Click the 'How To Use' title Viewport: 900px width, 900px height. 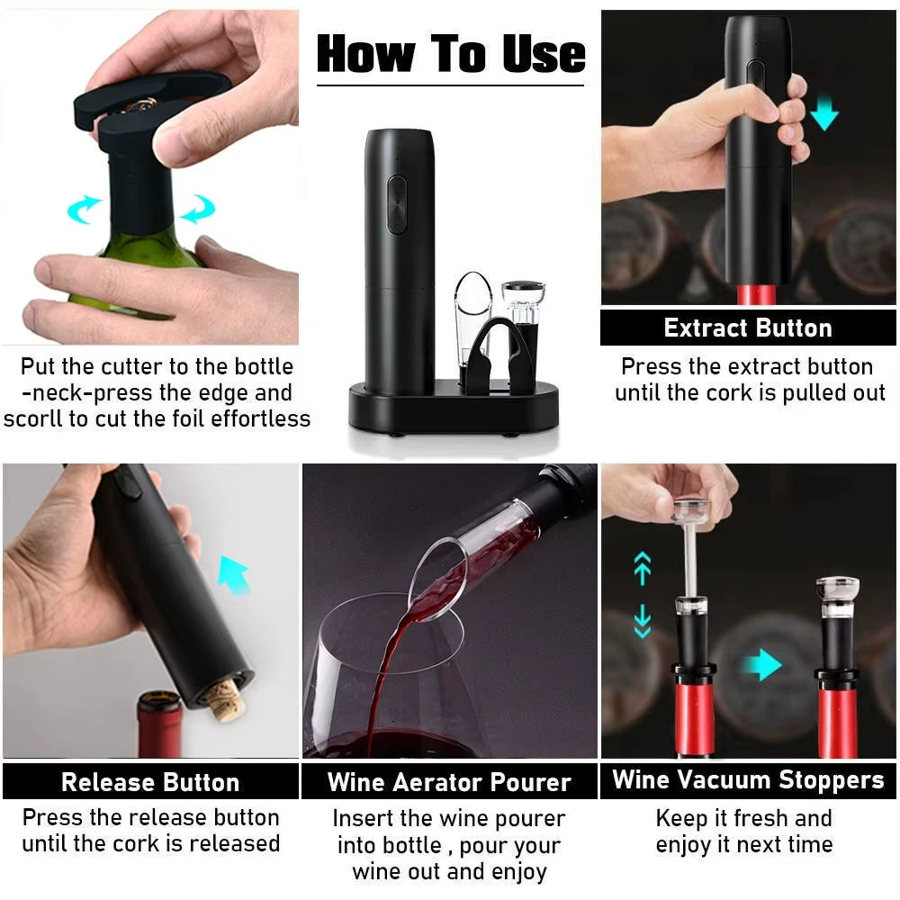(x=450, y=54)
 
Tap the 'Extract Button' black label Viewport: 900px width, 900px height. (x=748, y=328)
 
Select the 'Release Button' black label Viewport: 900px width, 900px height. (x=150, y=781)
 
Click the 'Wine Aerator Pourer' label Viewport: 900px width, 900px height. (x=449, y=781)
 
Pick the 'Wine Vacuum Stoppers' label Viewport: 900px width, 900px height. (x=748, y=779)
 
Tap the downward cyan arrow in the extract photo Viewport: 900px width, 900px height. (x=823, y=113)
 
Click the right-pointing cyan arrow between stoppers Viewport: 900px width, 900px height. (x=763, y=665)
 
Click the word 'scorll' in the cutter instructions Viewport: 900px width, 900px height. (x=37, y=418)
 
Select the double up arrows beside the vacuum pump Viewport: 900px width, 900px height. (x=643, y=569)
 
